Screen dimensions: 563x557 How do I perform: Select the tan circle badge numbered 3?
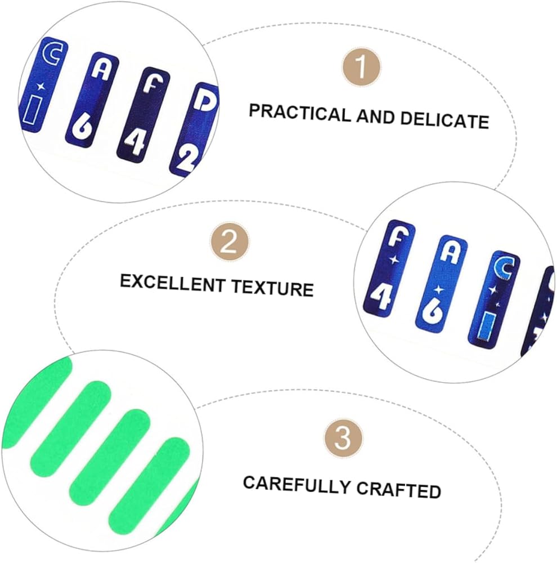pyautogui.click(x=343, y=439)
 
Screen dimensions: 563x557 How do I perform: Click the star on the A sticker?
pyautogui.click(x=438, y=289)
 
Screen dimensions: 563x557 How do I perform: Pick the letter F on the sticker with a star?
pyautogui.click(x=398, y=238)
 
